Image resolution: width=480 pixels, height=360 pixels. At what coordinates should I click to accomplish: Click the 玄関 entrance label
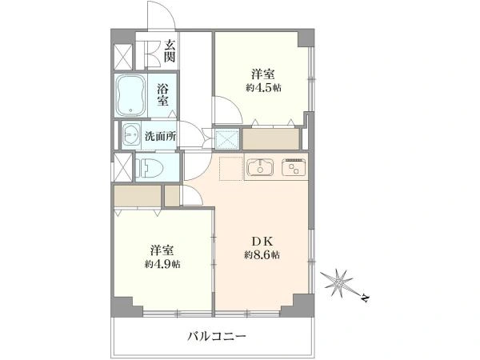(x=170, y=51)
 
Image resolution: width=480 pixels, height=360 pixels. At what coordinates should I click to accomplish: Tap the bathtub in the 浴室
(x=131, y=95)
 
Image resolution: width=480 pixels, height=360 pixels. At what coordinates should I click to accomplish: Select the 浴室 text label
(x=162, y=94)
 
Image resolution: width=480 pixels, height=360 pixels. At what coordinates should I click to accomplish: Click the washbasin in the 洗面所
(x=132, y=134)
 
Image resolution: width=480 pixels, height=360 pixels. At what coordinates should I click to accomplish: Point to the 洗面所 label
(x=161, y=136)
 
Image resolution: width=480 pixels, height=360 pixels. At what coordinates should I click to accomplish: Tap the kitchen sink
(x=260, y=167)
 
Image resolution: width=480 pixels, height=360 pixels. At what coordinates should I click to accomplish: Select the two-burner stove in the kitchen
(x=294, y=167)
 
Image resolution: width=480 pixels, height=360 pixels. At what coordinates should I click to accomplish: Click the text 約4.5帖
(x=263, y=88)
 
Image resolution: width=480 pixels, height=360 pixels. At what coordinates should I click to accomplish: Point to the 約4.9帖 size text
(x=162, y=264)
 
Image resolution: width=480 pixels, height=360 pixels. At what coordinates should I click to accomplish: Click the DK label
(x=262, y=242)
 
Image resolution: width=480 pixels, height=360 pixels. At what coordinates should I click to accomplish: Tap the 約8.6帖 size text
(x=262, y=254)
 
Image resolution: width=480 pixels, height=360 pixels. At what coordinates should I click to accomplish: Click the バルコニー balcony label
(x=217, y=337)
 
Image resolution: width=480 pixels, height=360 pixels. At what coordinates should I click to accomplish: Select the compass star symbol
(x=339, y=283)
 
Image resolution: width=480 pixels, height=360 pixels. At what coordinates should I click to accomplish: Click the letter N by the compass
(x=365, y=298)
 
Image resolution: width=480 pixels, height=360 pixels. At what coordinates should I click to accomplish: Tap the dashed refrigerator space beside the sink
(x=231, y=169)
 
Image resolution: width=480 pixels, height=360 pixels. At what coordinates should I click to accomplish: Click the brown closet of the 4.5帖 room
(x=270, y=139)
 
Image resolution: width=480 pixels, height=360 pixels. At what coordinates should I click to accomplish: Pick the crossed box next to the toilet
(x=122, y=168)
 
